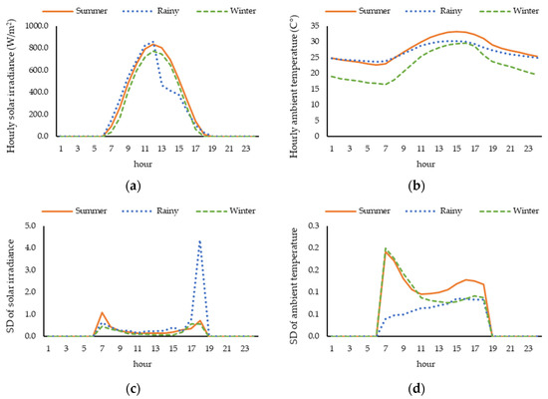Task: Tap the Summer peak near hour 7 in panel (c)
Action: pyautogui.click(x=102, y=313)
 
